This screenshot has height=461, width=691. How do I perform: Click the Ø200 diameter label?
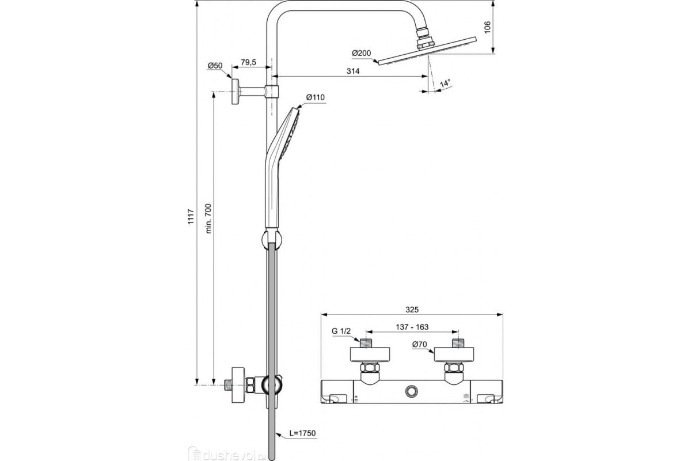pyautogui.click(x=362, y=53)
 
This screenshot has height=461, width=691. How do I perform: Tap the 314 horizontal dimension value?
pyautogui.click(x=353, y=71)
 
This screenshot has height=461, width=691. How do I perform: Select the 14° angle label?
pyautogui.click(x=445, y=84)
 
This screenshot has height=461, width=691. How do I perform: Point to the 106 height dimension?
pyautogui.click(x=487, y=28)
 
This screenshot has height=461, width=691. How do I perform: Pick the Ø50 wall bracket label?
pyautogui.click(x=215, y=66)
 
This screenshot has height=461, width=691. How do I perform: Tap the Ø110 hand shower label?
pyautogui.click(x=316, y=97)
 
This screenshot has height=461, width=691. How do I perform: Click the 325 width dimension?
pyautogui.click(x=412, y=308)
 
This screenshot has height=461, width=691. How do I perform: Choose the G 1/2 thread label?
pyautogui.click(x=341, y=331)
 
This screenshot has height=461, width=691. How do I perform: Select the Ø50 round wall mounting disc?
pyautogui.click(x=235, y=92)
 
